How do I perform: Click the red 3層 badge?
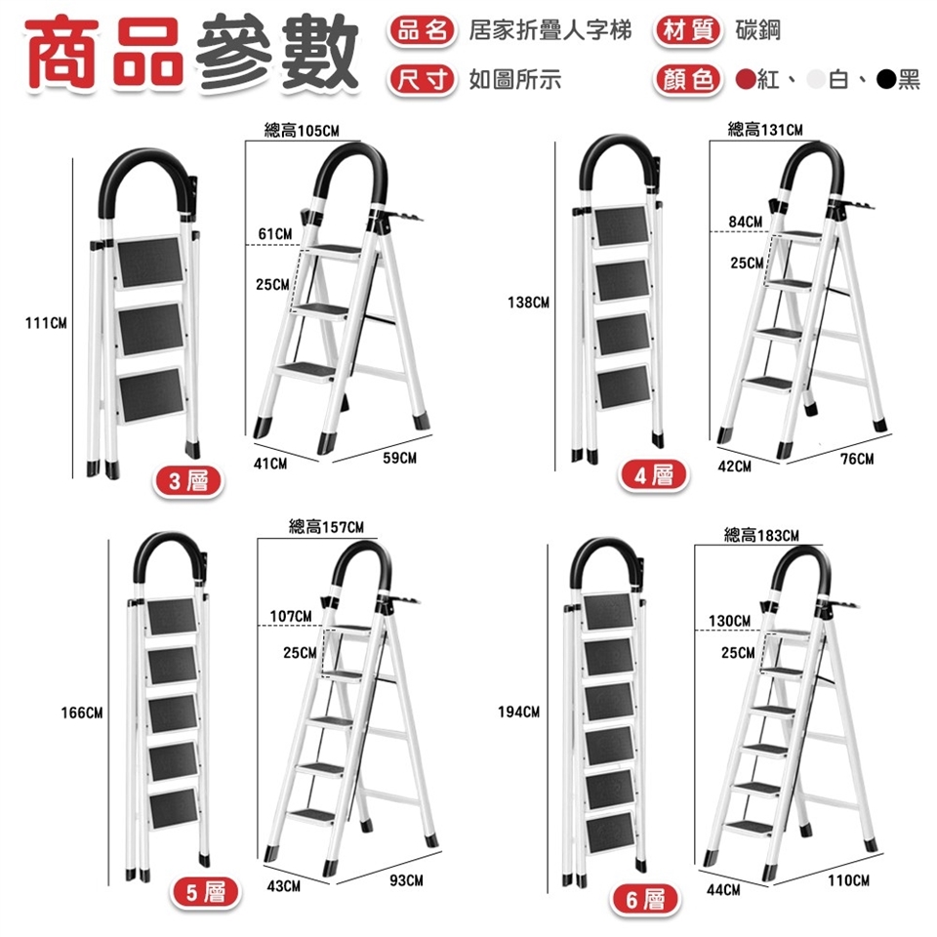pos(188,481)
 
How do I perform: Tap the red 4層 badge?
pos(653,475)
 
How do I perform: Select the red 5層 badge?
pos(206,892)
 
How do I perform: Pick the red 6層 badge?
pos(644,899)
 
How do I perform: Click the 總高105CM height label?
pos(302,131)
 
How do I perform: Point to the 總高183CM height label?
pos(761,535)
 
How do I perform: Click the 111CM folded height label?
pos(46,323)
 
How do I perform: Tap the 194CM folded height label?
pos(518,712)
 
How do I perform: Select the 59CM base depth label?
pos(400,458)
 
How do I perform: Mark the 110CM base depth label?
pos(848,880)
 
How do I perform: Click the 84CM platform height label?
pos(745,222)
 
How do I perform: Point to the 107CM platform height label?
pos(291,616)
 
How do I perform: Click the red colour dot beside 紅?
pos(746,79)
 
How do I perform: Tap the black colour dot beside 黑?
pos(886,79)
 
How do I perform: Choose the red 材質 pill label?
pos(688,30)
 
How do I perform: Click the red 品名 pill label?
pos(422,30)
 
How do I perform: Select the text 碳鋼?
pos(757,30)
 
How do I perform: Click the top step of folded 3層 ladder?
pos(148,262)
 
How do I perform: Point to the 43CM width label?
pos(284,885)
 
